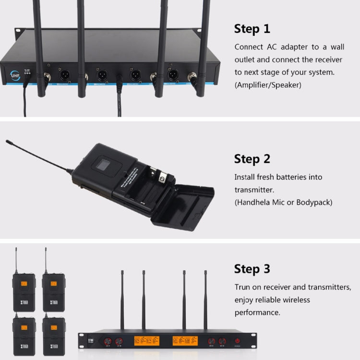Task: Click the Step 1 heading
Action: (x=252, y=29)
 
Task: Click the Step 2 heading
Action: (x=252, y=159)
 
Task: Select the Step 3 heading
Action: (x=252, y=269)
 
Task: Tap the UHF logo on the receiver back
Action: (x=15, y=75)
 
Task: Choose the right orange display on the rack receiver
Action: (x=185, y=341)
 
